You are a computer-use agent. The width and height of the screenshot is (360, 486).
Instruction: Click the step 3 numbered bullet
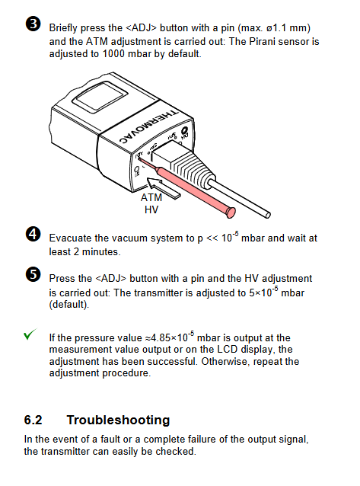[x=33, y=24]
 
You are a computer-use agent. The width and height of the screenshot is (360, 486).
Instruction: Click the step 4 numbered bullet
[x=33, y=235]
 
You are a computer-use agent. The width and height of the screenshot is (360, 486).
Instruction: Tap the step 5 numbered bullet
[x=33, y=275]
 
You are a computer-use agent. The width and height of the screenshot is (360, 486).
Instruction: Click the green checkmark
[x=30, y=334]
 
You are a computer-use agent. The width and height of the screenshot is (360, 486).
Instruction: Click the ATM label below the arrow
[x=151, y=197]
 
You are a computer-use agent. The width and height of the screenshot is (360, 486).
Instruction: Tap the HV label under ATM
[x=151, y=209]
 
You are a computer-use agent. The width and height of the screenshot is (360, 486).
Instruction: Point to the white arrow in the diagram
[x=163, y=187]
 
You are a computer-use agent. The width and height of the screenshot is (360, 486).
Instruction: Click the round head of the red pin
[x=231, y=213]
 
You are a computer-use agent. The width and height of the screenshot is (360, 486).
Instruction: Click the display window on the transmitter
[x=100, y=97]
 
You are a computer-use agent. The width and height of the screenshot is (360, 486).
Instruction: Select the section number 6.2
[x=33, y=420]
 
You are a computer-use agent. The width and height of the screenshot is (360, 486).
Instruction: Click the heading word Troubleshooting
[x=118, y=420]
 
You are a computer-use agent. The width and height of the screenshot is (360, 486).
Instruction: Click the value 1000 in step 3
[x=113, y=53]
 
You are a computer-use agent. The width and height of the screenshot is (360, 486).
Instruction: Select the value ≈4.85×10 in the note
[x=169, y=337]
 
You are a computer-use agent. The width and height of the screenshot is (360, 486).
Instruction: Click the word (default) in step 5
[x=68, y=305]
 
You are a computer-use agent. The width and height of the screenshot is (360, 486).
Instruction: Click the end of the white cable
[x=268, y=215]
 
